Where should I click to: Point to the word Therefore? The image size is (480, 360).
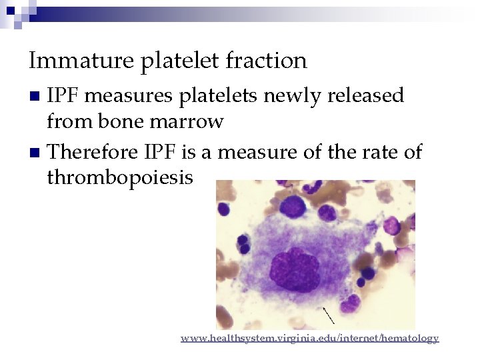click(x=91, y=152)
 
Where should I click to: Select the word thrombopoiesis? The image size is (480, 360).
click(x=120, y=177)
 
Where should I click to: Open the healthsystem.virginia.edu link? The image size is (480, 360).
click(x=309, y=339)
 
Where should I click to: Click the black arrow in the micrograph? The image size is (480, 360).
click(x=328, y=313)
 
